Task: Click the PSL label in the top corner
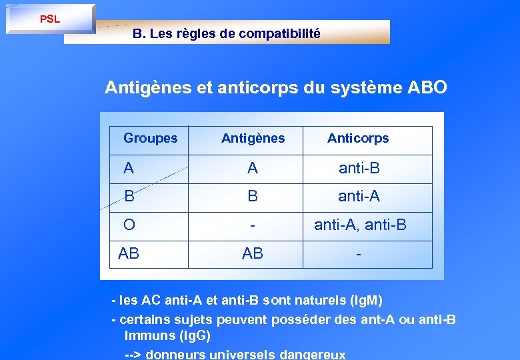click(x=50, y=19)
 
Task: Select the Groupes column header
click(x=151, y=139)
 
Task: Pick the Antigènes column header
click(x=253, y=139)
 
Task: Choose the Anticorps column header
click(x=358, y=139)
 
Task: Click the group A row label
click(x=129, y=169)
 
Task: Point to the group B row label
click(x=129, y=197)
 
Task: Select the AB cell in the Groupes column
click(x=129, y=253)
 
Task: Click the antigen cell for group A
click(x=253, y=169)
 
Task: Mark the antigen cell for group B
click(x=253, y=197)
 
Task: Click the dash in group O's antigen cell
click(x=253, y=226)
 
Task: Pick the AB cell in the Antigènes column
click(x=253, y=253)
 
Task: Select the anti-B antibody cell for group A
click(x=359, y=169)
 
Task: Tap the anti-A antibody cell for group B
click(x=359, y=197)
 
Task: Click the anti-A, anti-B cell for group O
click(x=360, y=225)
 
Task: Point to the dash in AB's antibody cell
click(x=359, y=254)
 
